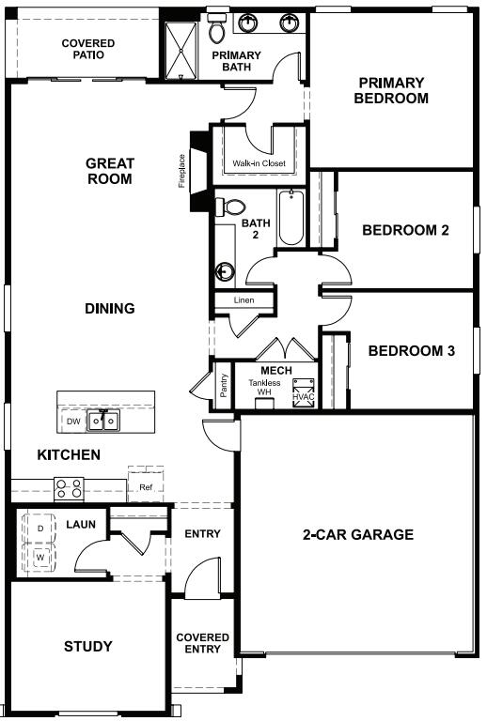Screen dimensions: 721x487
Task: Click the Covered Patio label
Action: pyautogui.click(x=88, y=49)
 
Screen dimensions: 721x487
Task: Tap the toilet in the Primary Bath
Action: pyautogui.click(x=216, y=31)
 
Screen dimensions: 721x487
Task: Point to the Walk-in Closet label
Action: pyautogui.click(x=259, y=164)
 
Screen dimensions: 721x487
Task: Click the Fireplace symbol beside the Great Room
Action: pyautogui.click(x=198, y=169)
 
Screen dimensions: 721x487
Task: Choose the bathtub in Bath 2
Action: pyautogui.click(x=291, y=218)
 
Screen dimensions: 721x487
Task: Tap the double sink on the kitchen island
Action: pyautogui.click(x=102, y=422)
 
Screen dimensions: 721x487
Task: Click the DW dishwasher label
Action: pyautogui.click(x=72, y=422)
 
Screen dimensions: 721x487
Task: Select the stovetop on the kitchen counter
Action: pyautogui.click(x=69, y=488)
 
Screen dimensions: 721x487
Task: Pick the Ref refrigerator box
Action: pyautogui.click(x=146, y=486)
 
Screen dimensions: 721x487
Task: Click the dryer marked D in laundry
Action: pyautogui.click(x=39, y=529)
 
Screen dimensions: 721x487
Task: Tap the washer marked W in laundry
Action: pyautogui.click(x=39, y=557)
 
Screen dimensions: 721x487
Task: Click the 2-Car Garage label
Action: pyautogui.click(x=357, y=535)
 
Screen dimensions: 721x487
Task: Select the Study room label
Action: pyautogui.click(x=88, y=646)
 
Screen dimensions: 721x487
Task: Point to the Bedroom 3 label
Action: pyautogui.click(x=411, y=351)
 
